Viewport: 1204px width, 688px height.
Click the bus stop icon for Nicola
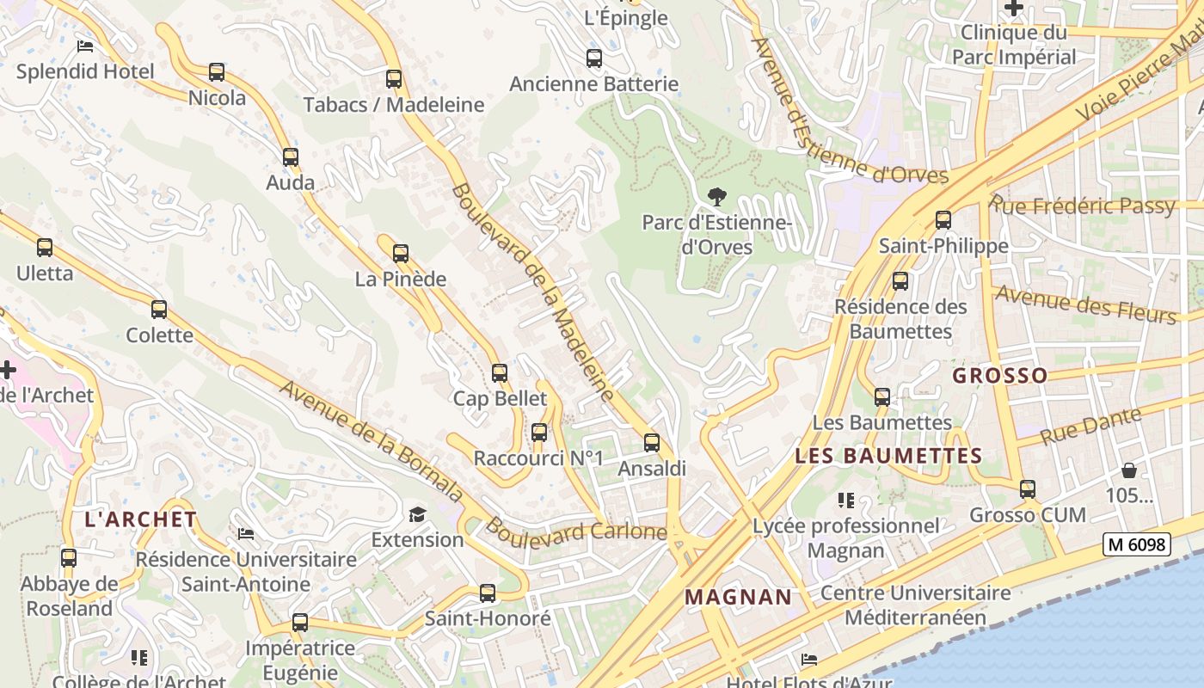point(217,72)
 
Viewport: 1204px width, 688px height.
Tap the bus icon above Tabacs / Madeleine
point(394,79)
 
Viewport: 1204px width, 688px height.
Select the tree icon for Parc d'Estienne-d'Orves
point(716,197)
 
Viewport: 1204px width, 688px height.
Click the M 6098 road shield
point(1136,544)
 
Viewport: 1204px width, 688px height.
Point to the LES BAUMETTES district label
point(888,456)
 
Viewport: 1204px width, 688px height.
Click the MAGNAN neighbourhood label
point(738,597)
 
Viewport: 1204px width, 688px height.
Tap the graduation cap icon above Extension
point(417,514)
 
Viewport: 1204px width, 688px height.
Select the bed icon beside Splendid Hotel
point(85,46)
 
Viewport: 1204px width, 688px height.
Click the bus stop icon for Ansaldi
point(652,443)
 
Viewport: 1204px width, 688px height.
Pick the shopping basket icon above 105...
point(1128,470)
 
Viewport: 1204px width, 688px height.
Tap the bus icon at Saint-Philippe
point(943,220)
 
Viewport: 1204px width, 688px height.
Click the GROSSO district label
point(999,375)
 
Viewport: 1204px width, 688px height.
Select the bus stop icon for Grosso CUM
point(1028,489)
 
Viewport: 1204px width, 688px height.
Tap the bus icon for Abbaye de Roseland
point(69,558)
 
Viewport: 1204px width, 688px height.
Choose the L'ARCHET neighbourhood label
point(141,519)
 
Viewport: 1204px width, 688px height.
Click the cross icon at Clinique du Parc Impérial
point(1015,8)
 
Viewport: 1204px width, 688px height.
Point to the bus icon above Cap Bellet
point(500,373)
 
